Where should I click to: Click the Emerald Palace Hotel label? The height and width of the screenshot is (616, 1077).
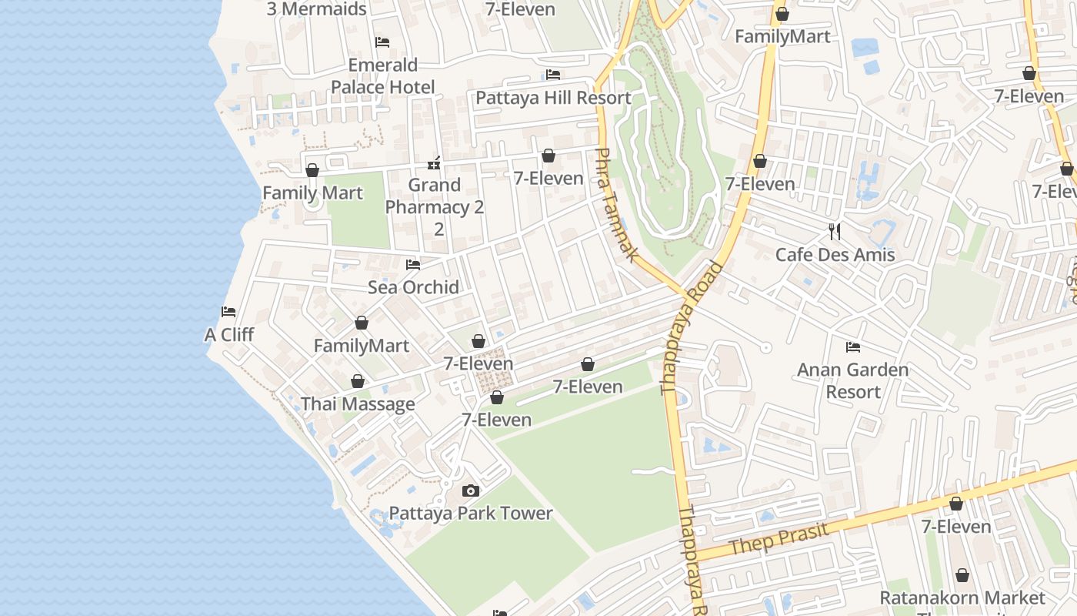point(382,76)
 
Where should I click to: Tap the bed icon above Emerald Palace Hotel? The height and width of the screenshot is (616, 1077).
point(382,42)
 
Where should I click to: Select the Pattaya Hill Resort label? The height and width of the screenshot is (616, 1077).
point(553,98)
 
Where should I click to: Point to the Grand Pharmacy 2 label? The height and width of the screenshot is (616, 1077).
point(435,196)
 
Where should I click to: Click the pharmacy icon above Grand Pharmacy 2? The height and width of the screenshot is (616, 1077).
point(434,163)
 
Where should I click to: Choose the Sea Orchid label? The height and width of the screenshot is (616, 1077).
point(413,287)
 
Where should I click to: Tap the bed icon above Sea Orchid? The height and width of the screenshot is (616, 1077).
point(413,265)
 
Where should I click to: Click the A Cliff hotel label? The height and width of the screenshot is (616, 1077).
point(229,335)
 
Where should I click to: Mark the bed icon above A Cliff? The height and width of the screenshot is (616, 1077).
point(228,312)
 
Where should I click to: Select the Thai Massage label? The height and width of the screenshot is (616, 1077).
point(358,404)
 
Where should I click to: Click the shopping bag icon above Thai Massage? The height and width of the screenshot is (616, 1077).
point(358,381)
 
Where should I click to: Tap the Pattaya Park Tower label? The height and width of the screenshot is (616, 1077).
point(471,514)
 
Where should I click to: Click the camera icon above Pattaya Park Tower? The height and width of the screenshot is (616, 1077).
point(470,490)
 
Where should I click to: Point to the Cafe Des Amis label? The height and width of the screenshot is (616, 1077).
point(835,255)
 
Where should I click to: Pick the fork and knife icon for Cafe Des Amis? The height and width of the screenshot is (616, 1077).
point(835,231)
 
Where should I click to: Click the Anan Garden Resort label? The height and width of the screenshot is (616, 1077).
point(852,380)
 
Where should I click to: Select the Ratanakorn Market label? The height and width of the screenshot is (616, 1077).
point(962,598)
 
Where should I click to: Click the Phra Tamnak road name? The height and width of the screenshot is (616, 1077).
point(616,205)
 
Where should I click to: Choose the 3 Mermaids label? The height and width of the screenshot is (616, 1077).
point(316,9)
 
